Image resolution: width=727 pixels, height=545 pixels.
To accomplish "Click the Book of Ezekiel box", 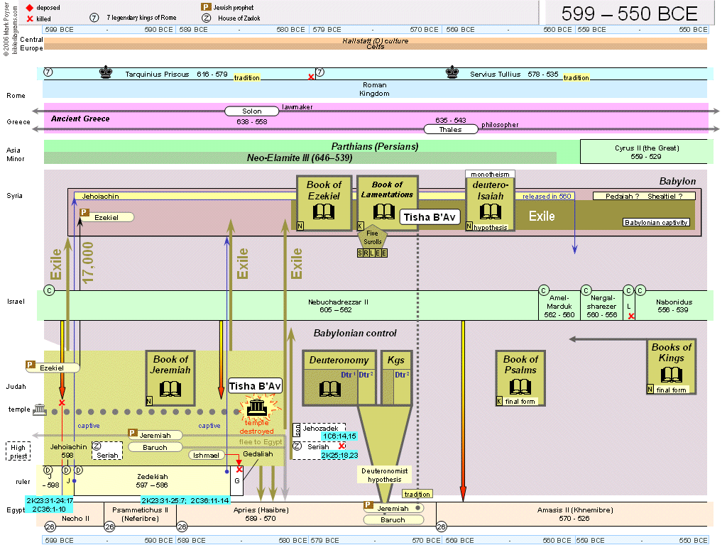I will (324, 203).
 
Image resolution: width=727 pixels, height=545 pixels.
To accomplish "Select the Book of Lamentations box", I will (387, 203).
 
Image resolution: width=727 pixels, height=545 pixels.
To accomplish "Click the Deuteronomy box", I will (329, 377).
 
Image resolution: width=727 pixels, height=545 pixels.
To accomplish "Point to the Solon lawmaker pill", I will (252, 111).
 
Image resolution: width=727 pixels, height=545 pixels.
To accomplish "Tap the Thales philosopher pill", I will (450, 130).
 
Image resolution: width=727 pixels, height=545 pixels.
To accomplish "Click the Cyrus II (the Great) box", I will (647, 152).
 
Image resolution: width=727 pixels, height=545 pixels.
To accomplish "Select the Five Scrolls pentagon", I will (373, 238).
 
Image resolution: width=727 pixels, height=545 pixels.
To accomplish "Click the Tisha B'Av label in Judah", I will (255, 386).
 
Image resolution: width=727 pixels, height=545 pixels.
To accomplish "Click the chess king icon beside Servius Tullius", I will (452, 72).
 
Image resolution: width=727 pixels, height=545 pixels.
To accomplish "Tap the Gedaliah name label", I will (258, 454).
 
